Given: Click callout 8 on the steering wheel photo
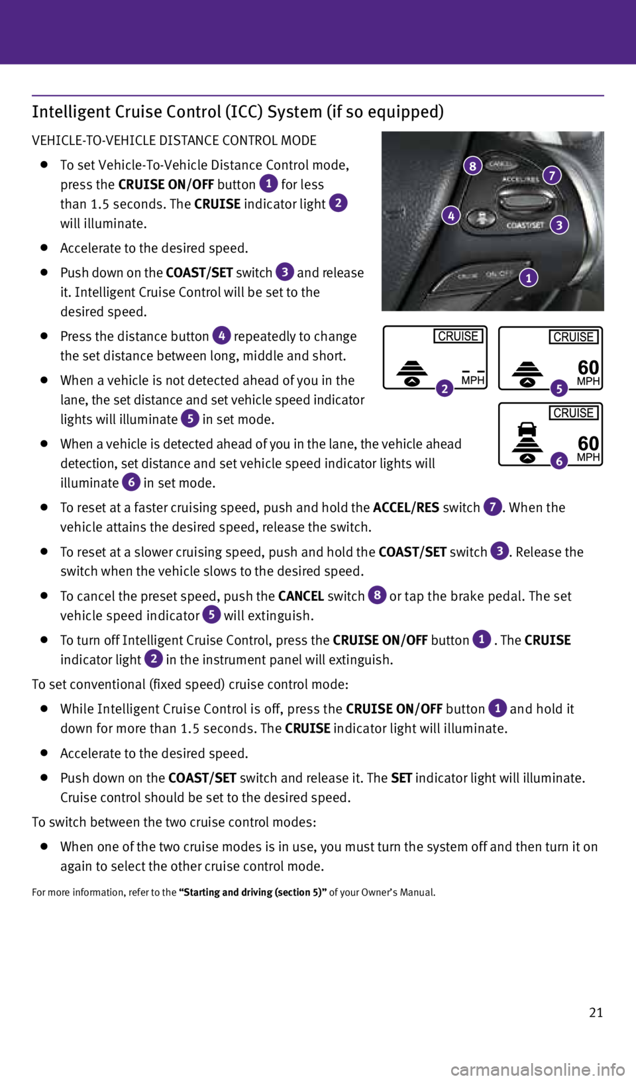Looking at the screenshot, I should [x=472, y=166].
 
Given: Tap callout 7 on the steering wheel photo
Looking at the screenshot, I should [x=552, y=176].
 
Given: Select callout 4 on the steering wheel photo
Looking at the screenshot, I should [x=451, y=215].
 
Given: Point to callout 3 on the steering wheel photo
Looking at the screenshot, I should [x=559, y=225].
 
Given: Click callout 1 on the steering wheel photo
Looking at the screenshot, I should [x=529, y=278].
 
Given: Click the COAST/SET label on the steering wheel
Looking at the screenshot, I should [x=525, y=225].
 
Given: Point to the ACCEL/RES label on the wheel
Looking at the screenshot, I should [x=520, y=180].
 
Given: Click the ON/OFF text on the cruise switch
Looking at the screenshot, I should [x=499, y=274].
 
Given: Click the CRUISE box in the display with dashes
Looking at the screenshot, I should [x=458, y=336].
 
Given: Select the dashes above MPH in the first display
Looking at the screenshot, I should [x=473, y=371].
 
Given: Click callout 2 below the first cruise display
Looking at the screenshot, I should [x=445, y=389].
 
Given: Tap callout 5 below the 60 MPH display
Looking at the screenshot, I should [x=559, y=389].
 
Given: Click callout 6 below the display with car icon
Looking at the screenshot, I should [x=559, y=461].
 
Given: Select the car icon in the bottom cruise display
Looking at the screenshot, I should [x=527, y=429].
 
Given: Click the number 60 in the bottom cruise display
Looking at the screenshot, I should [x=588, y=442].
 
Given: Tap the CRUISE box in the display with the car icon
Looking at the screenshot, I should [x=574, y=413].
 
